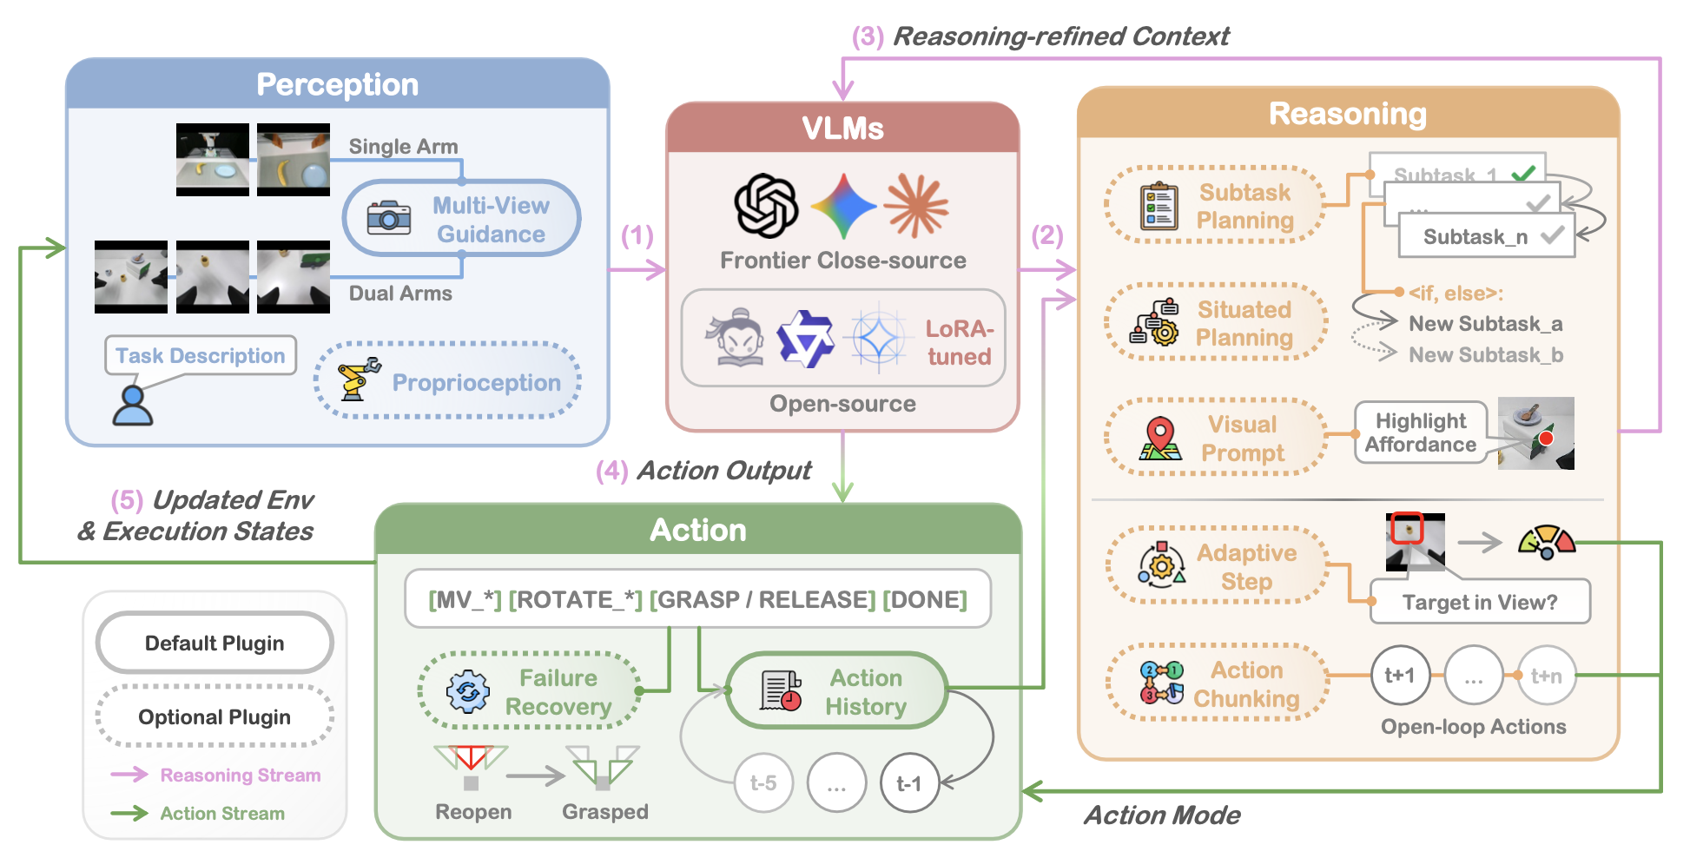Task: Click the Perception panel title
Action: click(x=337, y=84)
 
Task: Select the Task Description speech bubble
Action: click(x=201, y=355)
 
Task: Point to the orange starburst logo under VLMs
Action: click(x=916, y=205)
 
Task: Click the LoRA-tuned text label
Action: click(x=959, y=342)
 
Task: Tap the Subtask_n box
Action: click(x=1486, y=236)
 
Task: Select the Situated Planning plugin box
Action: click(x=1215, y=323)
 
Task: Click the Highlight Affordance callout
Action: click(x=1421, y=432)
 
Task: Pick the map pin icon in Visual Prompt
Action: click(x=1160, y=438)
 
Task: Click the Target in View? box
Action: click(x=1480, y=602)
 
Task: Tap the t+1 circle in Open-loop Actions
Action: click(x=1400, y=675)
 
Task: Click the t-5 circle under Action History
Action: click(x=763, y=783)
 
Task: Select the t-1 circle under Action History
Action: click(x=909, y=783)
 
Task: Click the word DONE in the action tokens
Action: click(x=925, y=599)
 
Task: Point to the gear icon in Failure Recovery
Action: click(x=468, y=691)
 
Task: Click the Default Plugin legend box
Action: click(x=215, y=643)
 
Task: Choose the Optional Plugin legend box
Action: click(x=215, y=716)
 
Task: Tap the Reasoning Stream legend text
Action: click(x=241, y=775)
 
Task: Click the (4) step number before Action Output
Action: click(x=612, y=471)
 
